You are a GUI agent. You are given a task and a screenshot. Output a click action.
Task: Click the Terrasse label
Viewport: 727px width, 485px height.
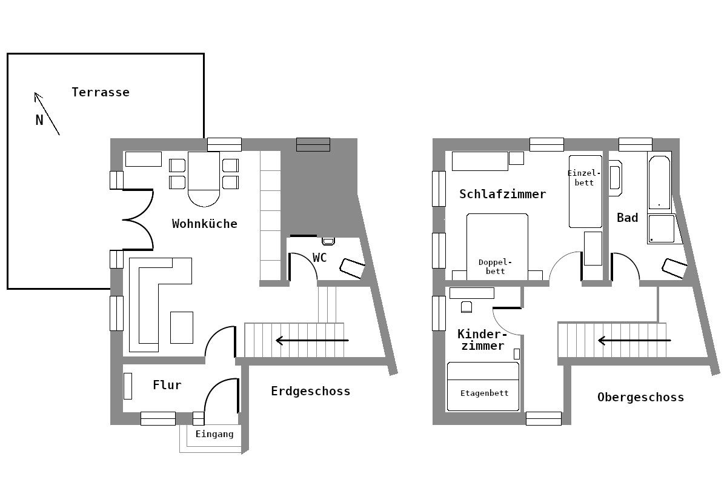(x=101, y=92)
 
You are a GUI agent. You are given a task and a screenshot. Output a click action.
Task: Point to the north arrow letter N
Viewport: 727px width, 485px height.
(x=39, y=120)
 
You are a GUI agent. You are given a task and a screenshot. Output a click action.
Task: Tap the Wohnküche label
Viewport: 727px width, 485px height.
(x=204, y=224)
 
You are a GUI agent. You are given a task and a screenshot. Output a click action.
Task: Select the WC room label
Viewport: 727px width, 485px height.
(x=319, y=258)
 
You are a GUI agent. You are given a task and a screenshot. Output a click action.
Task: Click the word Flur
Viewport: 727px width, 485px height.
(x=167, y=385)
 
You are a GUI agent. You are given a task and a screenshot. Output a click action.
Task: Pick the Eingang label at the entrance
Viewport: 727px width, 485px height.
(x=214, y=434)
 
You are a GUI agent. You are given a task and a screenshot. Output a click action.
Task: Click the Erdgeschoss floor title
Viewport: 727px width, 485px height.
(x=310, y=391)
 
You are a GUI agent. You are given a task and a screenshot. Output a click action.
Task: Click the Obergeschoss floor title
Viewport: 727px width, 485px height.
(x=640, y=397)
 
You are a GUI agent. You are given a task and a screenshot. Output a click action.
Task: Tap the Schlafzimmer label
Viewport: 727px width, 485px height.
(x=502, y=194)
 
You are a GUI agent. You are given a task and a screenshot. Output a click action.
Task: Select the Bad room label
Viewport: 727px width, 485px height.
(x=627, y=218)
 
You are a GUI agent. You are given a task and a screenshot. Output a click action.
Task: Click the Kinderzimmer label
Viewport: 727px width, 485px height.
(x=481, y=340)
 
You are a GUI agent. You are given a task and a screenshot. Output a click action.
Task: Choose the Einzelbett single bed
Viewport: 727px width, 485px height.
(x=585, y=191)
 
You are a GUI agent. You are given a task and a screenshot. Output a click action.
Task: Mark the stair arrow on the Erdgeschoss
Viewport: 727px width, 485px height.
(x=312, y=341)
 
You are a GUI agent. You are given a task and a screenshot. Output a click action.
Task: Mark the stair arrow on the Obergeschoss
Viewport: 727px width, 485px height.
(x=634, y=341)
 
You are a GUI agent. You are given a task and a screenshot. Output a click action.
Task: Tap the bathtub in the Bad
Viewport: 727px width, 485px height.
(x=659, y=182)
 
